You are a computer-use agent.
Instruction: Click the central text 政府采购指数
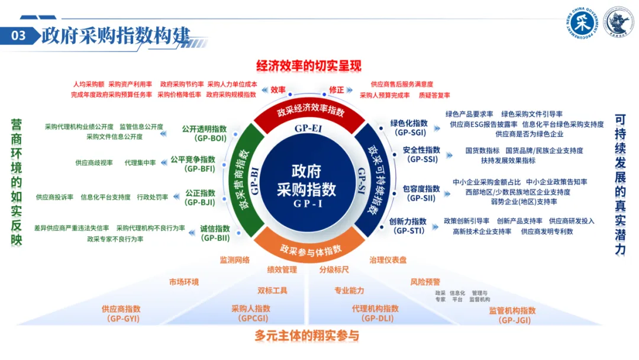tap(306, 181)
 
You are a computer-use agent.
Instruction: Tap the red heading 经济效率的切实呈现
tap(308, 66)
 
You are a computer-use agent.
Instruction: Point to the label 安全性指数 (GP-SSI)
tap(421, 154)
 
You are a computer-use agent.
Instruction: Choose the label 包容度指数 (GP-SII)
tap(421, 193)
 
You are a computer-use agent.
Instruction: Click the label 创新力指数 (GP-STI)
tap(408, 226)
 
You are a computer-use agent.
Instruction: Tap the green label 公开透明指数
tap(204, 133)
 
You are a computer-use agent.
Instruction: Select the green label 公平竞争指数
tap(193, 164)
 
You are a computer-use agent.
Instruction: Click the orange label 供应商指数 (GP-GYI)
tap(121, 313)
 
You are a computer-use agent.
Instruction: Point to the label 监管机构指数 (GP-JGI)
tap(512, 316)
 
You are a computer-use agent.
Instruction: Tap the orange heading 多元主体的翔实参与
tap(307, 336)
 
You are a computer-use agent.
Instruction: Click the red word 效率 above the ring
tap(278, 89)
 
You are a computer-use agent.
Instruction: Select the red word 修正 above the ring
tap(336, 89)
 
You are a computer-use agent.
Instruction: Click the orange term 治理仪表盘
tap(388, 259)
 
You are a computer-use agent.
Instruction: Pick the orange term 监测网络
tap(235, 259)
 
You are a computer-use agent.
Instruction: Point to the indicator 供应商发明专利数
tap(547, 232)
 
